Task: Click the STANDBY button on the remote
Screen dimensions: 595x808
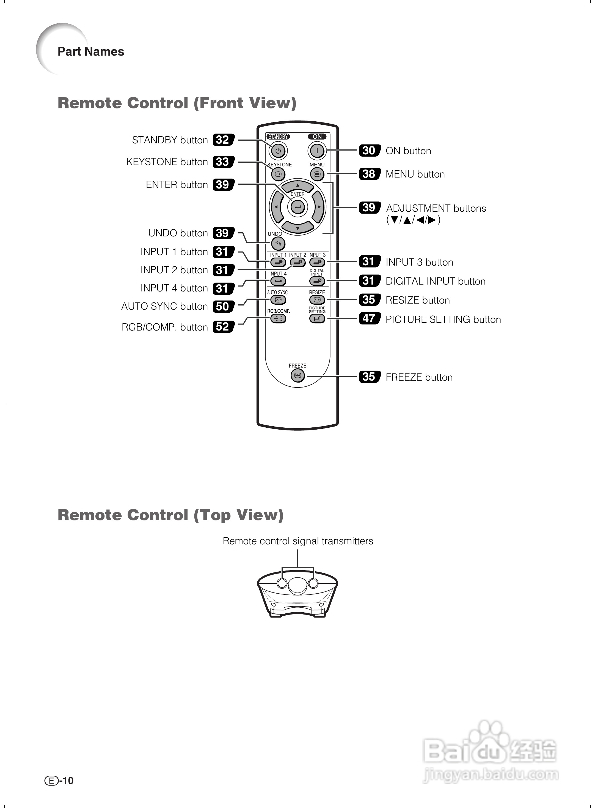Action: [278, 151]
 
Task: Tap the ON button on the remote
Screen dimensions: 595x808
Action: [317, 151]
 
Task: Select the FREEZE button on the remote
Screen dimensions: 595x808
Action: [297, 376]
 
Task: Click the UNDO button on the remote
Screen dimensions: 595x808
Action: [278, 244]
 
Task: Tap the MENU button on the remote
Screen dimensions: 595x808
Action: [317, 174]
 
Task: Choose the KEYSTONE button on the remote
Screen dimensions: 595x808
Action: [278, 174]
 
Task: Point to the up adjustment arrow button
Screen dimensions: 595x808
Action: [297, 186]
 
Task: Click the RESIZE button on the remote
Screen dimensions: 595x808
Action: [317, 299]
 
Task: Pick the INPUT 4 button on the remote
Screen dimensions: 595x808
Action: [278, 281]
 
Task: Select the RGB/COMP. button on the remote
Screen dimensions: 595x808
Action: [278, 318]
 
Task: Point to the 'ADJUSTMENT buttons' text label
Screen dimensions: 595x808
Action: [436, 208]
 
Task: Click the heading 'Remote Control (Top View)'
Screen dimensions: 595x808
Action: [171, 515]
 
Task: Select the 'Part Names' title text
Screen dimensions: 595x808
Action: [91, 51]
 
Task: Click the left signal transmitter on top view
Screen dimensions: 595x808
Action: [282, 583]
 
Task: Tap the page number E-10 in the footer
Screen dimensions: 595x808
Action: [59, 780]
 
